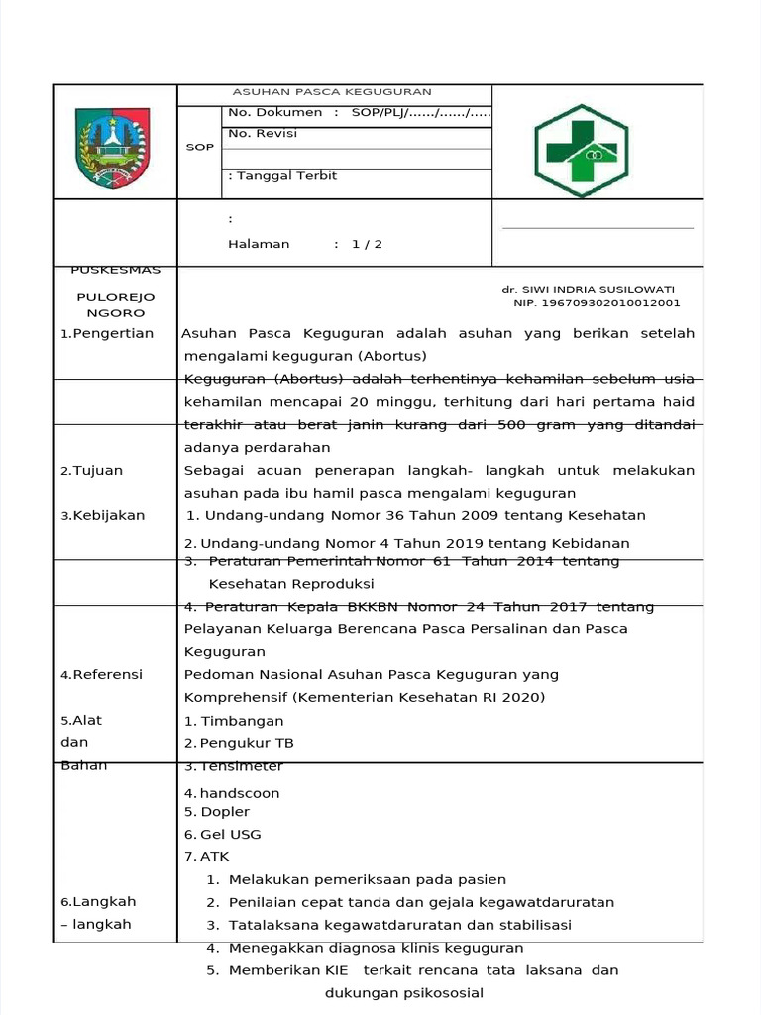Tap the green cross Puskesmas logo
pyautogui.click(x=581, y=150)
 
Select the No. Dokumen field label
pyautogui.click(x=274, y=113)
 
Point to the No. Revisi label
pyautogui.click(x=263, y=134)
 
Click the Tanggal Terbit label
pyautogui.click(x=282, y=175)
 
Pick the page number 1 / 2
pyautogui.click(x=366, y=244)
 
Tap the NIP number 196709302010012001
pyautogui.click(x=597, y=302)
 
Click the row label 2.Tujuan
pyautogui.click(x=92, y=470)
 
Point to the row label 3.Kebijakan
pyautogui.click(x=103, y=515)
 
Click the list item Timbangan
pyautogui.click(x=242, y=721)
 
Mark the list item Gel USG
pyautogui.click(x=230, y=834)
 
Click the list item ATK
pyautogui.click(x=214, y=856)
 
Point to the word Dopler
pyautogui.click(x=225, y=811)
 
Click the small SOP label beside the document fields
pyautogui.click(x=199, y=147)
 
